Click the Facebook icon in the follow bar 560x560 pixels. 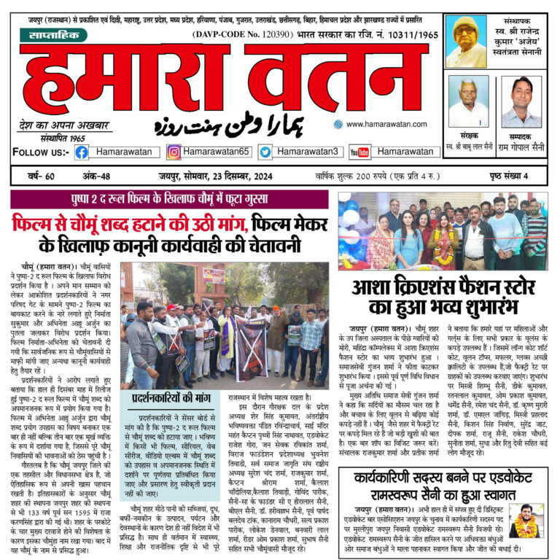[82, 152]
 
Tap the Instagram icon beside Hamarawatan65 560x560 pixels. [174, 152]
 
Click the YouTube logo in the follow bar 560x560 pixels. [359, 152]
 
